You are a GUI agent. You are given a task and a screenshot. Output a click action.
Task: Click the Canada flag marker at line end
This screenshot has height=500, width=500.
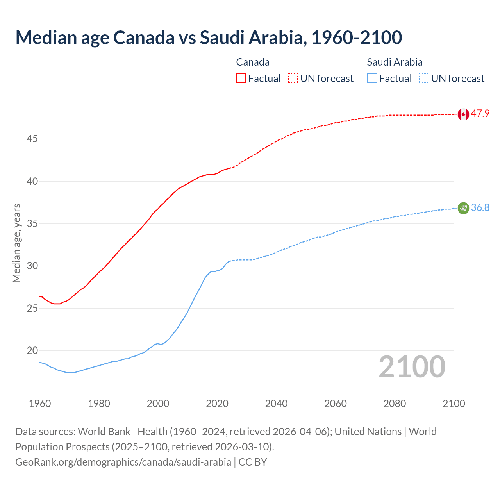point(463,114)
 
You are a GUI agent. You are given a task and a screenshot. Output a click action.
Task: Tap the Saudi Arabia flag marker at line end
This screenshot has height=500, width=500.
point(463,208)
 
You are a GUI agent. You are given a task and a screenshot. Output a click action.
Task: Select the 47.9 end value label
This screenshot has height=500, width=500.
point(480,114)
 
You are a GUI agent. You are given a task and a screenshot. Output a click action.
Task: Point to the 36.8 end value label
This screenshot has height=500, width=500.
point(480,207)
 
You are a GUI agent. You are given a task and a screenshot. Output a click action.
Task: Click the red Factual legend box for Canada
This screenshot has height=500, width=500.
point(241,78)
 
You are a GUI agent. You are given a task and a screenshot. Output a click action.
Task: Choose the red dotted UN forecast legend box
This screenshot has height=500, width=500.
point(293,78)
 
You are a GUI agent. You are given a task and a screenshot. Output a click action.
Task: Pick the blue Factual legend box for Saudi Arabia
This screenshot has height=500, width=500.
point(372,78)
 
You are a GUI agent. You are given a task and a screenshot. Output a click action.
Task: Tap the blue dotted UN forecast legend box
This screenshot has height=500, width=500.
point(424,78)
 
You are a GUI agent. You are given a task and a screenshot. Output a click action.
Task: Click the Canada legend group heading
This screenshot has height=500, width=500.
point(253,62)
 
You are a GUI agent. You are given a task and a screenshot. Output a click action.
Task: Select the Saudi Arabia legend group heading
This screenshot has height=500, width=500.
point(395,62)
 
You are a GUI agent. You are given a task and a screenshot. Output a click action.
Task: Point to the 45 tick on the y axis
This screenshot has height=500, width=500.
point(32,139)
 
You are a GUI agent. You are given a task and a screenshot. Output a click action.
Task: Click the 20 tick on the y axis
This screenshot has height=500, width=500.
point(32,350)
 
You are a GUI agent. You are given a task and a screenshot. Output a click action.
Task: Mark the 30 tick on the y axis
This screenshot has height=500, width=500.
point(32,266)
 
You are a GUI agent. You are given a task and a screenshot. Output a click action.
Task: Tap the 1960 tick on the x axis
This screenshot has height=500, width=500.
point(40,404)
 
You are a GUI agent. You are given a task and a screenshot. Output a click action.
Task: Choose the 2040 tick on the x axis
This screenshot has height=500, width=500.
point(276,404)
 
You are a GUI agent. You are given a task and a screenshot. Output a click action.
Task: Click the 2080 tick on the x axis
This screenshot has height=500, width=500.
point(395,404)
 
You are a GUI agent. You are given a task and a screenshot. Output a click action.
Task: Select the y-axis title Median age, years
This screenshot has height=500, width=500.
point(16,243)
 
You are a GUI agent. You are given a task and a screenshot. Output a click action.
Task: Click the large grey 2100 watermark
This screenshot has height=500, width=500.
point(412,367)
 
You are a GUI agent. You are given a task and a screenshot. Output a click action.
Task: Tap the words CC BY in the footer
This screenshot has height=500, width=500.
point(253,462)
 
